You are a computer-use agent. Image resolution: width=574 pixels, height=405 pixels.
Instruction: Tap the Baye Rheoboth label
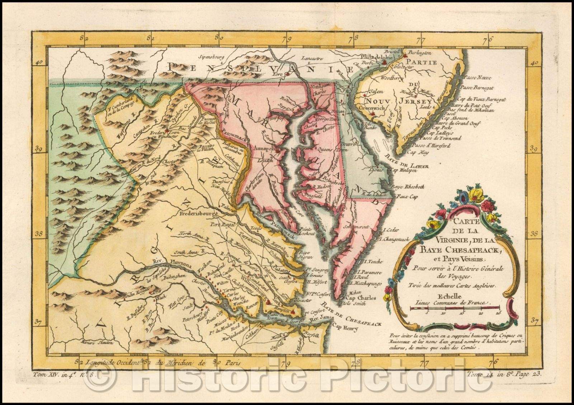[409, 187]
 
